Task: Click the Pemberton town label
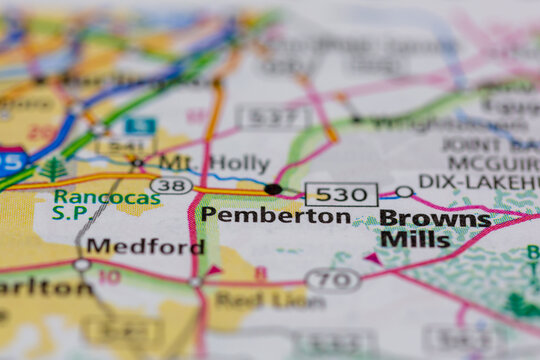tap(275, 215)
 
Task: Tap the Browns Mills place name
tap(435, 228)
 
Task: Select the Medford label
tap(145, 246)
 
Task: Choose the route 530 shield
tap(341, 194)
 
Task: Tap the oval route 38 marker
tap(171, 185)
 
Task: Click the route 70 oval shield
tap(332, 279)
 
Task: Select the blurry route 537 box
tap(274, 118)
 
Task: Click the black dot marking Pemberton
tap(273, 189)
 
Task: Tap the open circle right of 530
tap(403, 191)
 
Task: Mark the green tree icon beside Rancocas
tap(53, 168)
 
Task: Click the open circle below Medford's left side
tap(81, 265)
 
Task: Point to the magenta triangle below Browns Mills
tap(372, 258)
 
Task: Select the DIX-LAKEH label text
tap(478, 181)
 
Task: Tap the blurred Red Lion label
tap(256, 299)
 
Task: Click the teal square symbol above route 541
tap(140, 126)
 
